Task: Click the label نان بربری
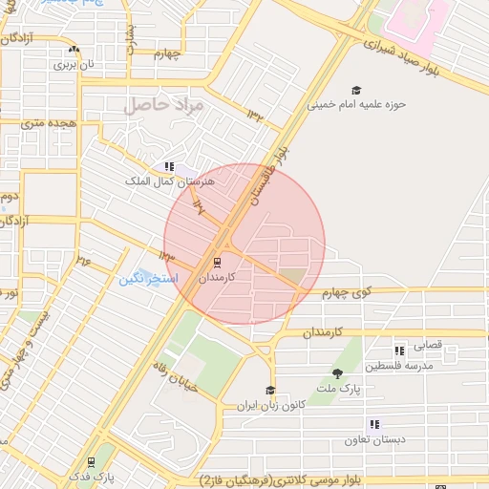pyautogui.click(x=75, y=65)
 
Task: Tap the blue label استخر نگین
pyautogui.click(x=145, y=279)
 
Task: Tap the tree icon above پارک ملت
pyautogui.click(x=337, y=373)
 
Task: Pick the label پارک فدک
pyautogui.click(x=91, y=476)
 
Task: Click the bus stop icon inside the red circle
pyautogui.click(x=218, y=261)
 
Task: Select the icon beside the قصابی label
pyautogui.click(x=398, y=351)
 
